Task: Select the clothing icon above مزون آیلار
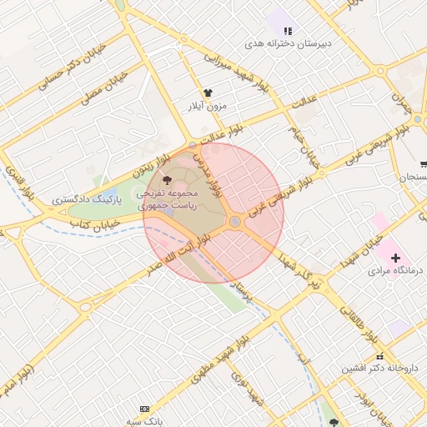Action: point(208,93)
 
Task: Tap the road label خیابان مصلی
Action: point(104,88)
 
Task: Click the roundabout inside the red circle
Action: point(236,221)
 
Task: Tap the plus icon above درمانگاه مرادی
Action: point(395,259)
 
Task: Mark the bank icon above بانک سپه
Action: point(145,409)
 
